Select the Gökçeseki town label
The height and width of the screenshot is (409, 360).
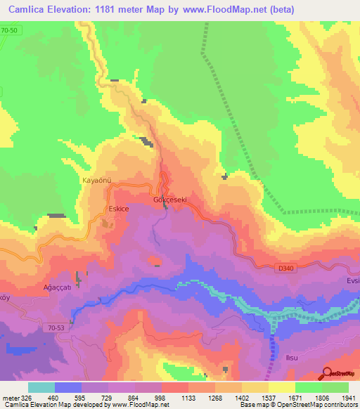(169, 200)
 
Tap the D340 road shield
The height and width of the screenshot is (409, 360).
(285, 268)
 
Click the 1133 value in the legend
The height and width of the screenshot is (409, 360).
(188, 398)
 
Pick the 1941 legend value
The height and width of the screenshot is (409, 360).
(348, 398)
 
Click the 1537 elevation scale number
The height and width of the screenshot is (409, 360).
(268, 398)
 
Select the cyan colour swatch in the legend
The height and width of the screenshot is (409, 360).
(41, 387)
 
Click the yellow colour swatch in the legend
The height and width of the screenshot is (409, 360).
(281, 387)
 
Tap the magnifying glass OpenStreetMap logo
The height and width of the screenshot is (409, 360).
(326, 373)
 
